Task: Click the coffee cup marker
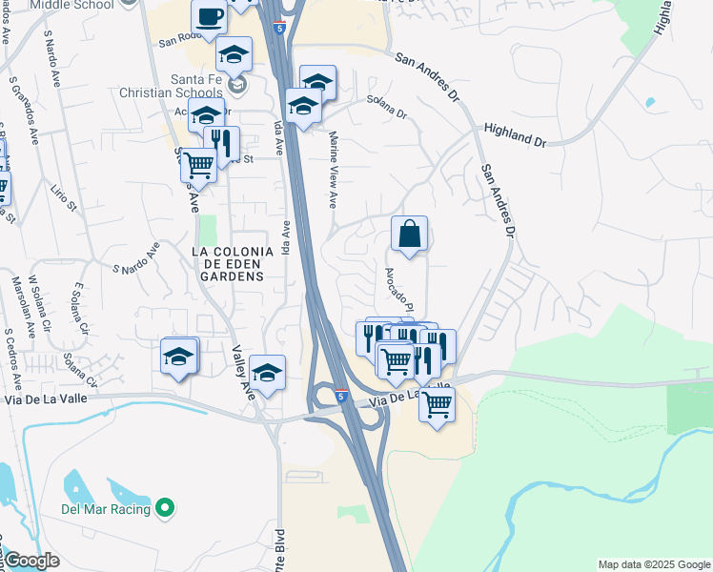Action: [x=210, y=16]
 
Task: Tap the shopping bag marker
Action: [x=409, y=233]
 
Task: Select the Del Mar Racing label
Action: [x=107, y=509]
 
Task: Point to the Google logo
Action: [x=31, y=561]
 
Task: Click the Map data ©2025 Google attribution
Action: [x=654, y=564]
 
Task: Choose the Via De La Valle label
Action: [x=407, y=398]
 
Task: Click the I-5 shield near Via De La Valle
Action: [x=341, y=395]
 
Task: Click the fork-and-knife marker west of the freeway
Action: [x=221, y=144]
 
